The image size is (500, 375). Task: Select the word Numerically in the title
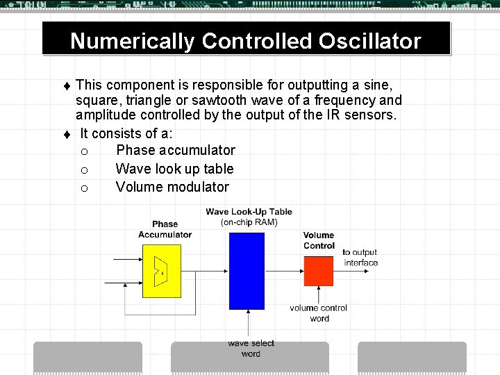tap(132, 41)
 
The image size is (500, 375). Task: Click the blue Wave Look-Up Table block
tap(247, 271)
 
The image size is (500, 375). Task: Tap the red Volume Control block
tap(319, 270)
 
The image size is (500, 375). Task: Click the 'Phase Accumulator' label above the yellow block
tap(165, 229)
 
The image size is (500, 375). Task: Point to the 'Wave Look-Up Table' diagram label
tap(249, 212)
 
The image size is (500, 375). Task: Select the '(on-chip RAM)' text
tap(249, 222)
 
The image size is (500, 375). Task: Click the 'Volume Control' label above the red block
tap(319, 240)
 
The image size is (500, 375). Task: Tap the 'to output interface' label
tap(360, 258)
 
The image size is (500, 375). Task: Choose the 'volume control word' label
tap(319, 313)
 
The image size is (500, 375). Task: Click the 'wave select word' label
tap(251, 349)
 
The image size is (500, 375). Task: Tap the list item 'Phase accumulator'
tap(176, 150)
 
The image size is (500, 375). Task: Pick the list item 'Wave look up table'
tap(174, 169)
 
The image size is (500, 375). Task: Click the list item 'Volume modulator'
tap(172, 187)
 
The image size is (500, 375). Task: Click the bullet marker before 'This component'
tap(67, 86)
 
